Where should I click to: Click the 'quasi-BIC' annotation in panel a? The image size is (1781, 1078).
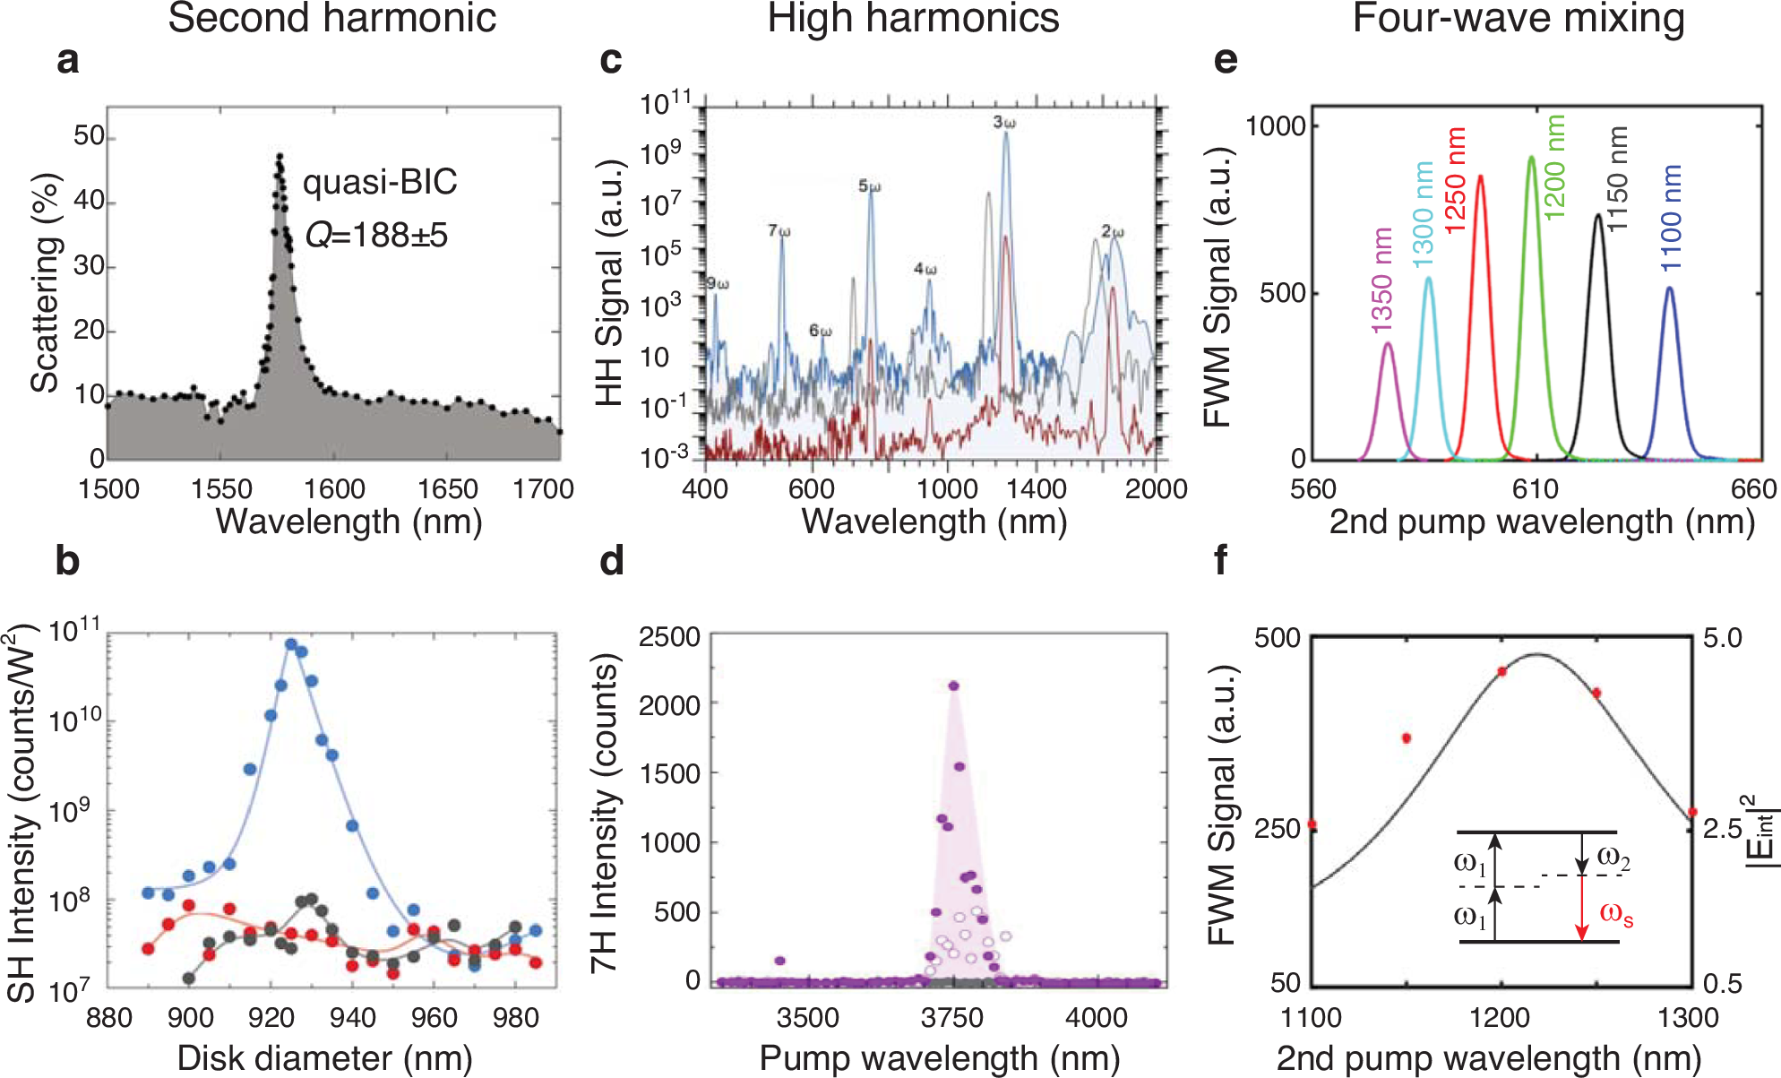[380, 182]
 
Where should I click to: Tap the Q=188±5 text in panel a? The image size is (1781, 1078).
[376, 235]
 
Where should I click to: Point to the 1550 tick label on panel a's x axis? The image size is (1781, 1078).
[221, 489]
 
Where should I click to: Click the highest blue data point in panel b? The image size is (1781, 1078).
[291, 644]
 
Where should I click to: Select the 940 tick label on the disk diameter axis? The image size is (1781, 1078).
[352, 1018]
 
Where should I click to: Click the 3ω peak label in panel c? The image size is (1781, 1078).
[1004, 122]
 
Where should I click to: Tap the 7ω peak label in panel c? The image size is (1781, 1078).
[779, 231]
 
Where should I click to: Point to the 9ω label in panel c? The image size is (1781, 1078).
[718, 284]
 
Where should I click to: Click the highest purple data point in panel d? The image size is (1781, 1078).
[954, 686]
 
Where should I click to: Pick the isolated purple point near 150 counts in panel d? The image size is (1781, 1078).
[779, 961]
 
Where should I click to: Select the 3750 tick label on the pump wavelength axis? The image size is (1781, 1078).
[951, 1018]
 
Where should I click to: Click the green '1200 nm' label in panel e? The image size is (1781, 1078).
[1555, 167]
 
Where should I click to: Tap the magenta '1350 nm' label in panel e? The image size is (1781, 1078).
[1382, 280]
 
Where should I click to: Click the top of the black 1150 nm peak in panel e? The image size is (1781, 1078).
[1598, 215]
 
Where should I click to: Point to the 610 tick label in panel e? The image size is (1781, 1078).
[1536, 489]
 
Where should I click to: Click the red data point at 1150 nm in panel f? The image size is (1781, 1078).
[1407, 738]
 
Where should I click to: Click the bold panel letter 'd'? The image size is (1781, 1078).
[612, 561]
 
